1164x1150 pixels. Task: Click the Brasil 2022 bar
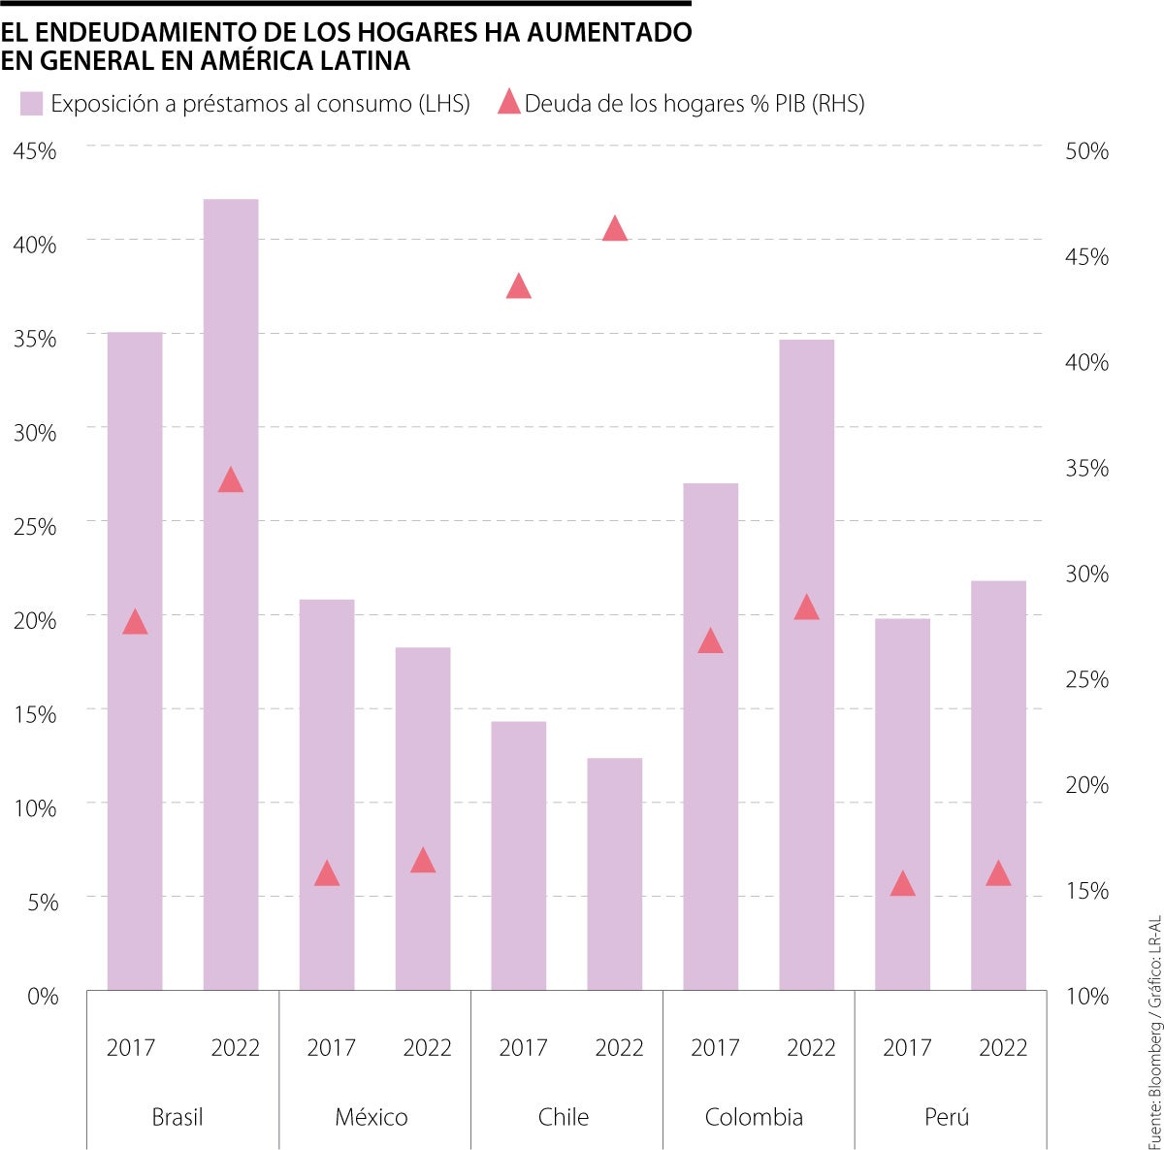pyautogui.click(x=231, y=594)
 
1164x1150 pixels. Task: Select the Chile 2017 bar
pyautogui.click(x=519, y=855)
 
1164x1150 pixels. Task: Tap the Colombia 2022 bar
pyautogui.click(x=806, y=665)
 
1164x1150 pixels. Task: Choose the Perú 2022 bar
pyautogui.click(x=998, y=785)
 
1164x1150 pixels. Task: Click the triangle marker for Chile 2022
pyautogui.click(x=615, y=230)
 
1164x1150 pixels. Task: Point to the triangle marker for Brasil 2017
pyautogui.click(x=135, y=623)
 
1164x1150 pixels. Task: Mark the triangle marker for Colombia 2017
pyautogui.click(x=711, y=641)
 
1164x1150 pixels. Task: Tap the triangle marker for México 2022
pyautogui.click(x=423, y=861)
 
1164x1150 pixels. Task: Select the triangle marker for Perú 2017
pyautogui.click(x=903, y=884)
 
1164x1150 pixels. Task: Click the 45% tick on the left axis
pyautogui.click(x=35, y=151)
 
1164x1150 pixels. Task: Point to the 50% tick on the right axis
pyautogui.click(x=1086, y=151)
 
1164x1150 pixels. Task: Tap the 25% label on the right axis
pyautogui.click(x=1086, y=679)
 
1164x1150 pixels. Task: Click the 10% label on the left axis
pyautogui.click(x=35, y=807)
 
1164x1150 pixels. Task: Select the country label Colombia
pyautogui.click(x=754, y=1117)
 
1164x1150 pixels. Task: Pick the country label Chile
pyautogui.click(x=564, y=1117)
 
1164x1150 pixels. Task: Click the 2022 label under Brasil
pyautogui.click(x=236, y=1048)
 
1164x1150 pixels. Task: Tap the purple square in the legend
pyautogui.click(x=32, y=104)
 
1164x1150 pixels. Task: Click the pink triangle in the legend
pyautogui.click(x=509, y=102)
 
